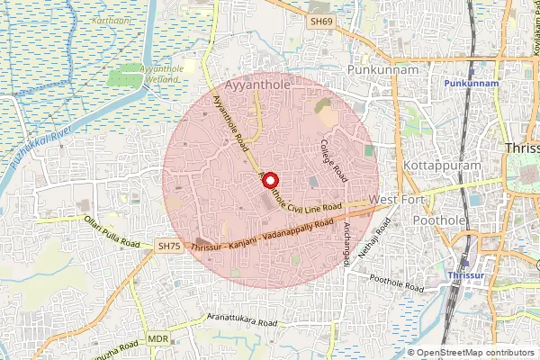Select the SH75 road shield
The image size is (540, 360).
(x=168, y=245)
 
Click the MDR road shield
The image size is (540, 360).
(x=158, y=339)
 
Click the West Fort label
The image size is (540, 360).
(x=396, y=199)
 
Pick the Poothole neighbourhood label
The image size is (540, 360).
(x=439, y=219)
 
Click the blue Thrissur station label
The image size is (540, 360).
(x=467, y=268)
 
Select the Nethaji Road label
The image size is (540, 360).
(x=372, y=241)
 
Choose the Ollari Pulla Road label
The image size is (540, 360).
(x=111, y=231)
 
